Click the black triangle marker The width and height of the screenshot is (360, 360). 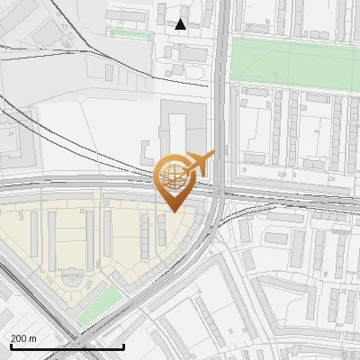click(x=181, y=24)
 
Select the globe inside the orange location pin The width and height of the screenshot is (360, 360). click(x=172, y=175)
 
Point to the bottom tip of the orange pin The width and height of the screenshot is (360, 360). click(x=173, y=211)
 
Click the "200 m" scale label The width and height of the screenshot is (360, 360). click(x=24, y=337)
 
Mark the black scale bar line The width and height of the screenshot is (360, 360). click(x=67, y=346)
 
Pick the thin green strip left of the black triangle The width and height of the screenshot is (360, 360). click(x=130, y=33)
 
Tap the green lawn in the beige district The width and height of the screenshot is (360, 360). click(x=98, y=305)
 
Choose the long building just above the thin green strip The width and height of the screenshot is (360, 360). click(x=129, y=18)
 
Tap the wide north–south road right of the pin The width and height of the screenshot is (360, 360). click(x=220, y=108)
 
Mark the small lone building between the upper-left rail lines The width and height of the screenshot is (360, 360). click(x=109, y=71)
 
